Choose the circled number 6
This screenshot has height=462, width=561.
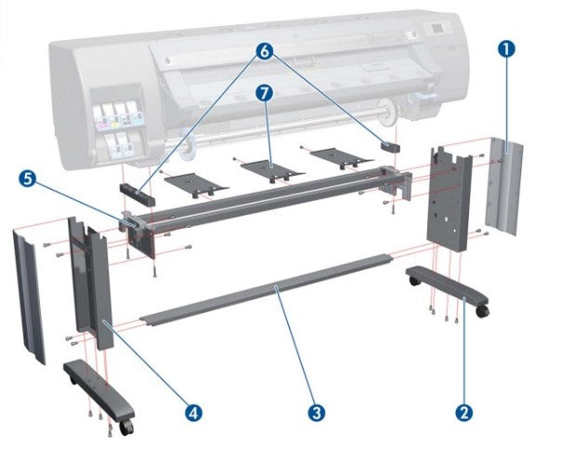267,54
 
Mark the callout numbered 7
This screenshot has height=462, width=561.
267,93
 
